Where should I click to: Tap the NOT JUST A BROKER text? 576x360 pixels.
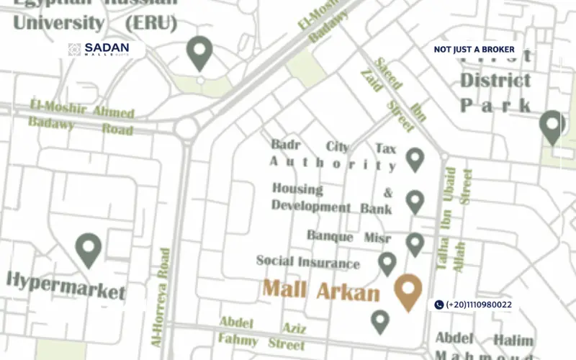[x=474, y=50]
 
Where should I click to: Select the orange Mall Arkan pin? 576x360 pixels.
[x=408, y=291]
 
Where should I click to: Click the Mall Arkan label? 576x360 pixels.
[x=320, y=292]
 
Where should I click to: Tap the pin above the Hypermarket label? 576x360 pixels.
[x=89, y=249]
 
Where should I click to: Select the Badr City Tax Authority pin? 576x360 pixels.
[x=415, y=158]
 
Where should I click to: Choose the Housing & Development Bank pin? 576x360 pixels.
[x=415, y=201]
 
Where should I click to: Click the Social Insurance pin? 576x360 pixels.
[x=387, y=263]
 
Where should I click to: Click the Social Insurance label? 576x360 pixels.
[x=307, y=262]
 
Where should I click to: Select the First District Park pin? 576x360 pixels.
[x=552, y=126]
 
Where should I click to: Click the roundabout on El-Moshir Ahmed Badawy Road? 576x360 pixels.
[x=187, y=128]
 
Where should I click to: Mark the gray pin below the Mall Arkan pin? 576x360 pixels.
[x=380, y=321]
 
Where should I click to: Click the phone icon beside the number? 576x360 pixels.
[x=439, y=305]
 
